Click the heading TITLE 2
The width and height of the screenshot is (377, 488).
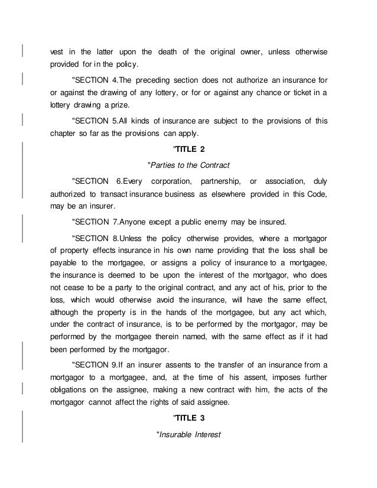188,148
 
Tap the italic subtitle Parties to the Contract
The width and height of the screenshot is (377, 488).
188,164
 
